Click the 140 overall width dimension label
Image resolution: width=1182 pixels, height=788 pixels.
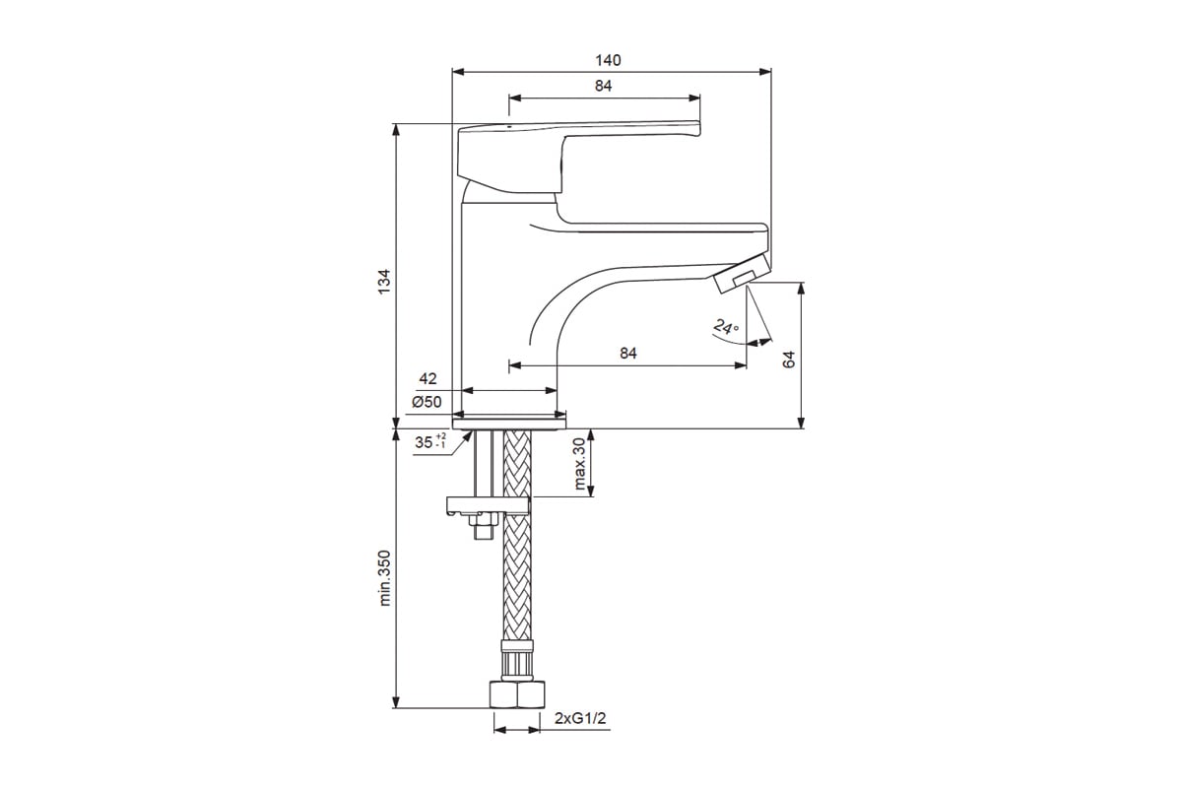tap(608, 60)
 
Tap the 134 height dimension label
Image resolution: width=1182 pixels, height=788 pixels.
tap(385, 282)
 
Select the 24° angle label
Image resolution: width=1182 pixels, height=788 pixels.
tap(726, 327)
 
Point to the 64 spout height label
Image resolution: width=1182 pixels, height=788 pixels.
tap(788, 360)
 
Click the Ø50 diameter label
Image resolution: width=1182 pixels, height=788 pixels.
tap(427, 402)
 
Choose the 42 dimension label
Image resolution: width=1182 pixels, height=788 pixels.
tap(427, 378)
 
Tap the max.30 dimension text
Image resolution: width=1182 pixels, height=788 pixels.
tap(579, 463)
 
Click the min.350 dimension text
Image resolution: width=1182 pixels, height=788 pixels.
tap(385, 578)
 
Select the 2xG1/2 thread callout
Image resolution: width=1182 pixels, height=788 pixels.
tap(580, 718)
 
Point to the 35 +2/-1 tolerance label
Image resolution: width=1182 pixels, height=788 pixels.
tap(430, 441)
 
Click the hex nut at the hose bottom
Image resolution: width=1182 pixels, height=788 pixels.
tap(516, 695)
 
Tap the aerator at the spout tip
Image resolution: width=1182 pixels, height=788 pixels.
tap(741, 272)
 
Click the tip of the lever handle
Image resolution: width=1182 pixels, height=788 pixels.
tap(698, 129)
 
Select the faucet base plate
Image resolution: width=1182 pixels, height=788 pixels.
tap(509, 424)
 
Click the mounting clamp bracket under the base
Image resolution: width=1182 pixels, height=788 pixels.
tap(488, 505)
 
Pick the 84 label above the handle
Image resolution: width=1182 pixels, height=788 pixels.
tap(603, 86)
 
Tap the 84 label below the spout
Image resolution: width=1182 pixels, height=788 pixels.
tap(628, 353)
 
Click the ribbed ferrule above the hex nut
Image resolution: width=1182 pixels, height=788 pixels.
tap(516, 661)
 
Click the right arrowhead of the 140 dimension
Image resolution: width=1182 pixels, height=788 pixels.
tap(765, 72)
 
